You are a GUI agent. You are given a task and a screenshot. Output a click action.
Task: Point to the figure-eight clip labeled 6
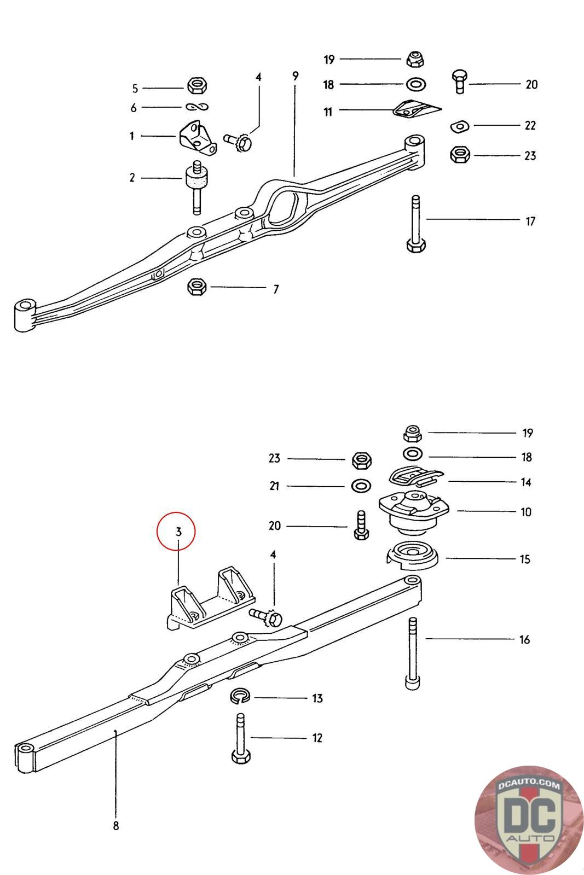pyautogui.click(x=196, y=107)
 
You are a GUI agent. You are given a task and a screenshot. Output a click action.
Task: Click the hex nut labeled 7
pyautogui.click(x=196, y=286)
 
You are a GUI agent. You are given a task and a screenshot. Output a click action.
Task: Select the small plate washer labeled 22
pyautogui.click(x=459, y=126)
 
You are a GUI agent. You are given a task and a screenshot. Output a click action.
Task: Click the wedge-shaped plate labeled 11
pyautogui.click(x=416, y=109)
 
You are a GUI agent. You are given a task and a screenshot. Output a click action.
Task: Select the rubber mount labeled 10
pyautogui.click(x=414, y=511)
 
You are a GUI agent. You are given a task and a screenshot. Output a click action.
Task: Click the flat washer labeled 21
pyautogui.click(x=359, y=486)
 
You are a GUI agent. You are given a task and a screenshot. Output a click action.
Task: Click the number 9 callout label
pyautogui.click(x=296, y=76)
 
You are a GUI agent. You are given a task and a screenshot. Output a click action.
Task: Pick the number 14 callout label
pyautogui.click(x=525, y=482)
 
